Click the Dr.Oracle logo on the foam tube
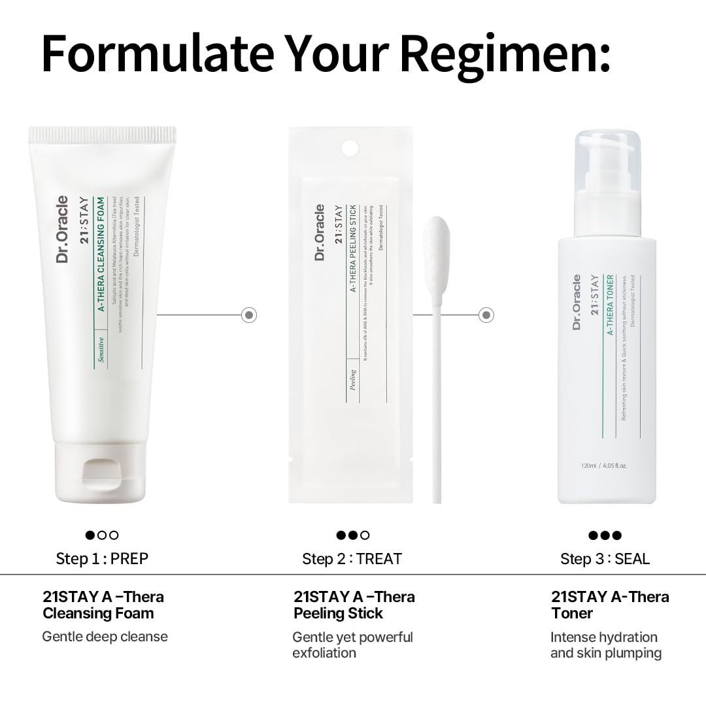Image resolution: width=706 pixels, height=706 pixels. click(x=63, y=229)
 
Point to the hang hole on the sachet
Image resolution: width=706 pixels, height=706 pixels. click(x=350, y=147)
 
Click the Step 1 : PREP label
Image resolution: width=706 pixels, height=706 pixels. click(x=102, y=558)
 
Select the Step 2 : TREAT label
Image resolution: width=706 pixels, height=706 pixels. click(x=352, y=559)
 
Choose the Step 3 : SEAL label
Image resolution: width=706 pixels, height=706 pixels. click(x=605, y=559)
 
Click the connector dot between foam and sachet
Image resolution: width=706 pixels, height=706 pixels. click(x=249, y=315)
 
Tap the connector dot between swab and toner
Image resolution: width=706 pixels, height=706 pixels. click(x=486, y=315)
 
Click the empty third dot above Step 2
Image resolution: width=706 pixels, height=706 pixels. click(x=365, y=535)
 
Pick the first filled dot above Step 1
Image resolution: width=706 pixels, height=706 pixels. click(x=90, y=535)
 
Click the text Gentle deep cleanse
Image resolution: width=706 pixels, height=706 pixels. click(x=105, y=636)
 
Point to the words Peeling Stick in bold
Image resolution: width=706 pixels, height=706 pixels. click(x=338, y=613)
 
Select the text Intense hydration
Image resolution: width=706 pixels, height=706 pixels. click(x=604, y=637)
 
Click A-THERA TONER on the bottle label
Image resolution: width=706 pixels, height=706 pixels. click(x=609, y=305)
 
